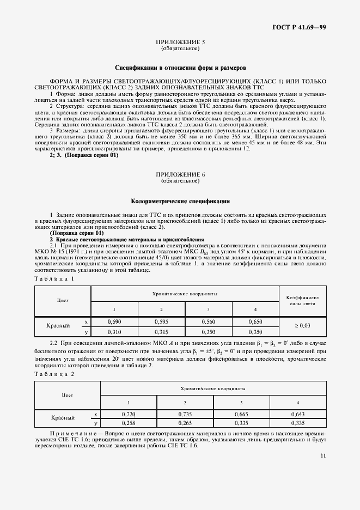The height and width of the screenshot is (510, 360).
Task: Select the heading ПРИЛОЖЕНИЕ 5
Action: point(180,42)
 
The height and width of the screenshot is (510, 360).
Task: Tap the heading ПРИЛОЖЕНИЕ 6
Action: point(180,174)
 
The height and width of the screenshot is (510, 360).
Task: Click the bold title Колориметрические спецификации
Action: point(180,201)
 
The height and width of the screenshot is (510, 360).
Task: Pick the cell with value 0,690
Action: point(114,321)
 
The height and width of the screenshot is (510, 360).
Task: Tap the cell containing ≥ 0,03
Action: point(302,326)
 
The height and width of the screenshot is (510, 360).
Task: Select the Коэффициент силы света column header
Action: point(302,301)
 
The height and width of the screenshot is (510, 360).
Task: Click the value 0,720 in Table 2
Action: point(129,414)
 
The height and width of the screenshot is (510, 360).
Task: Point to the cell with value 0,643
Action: point(298,414)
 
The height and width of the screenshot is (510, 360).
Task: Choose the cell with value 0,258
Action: point(129,422)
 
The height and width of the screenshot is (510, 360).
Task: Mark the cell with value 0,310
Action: point(114,331)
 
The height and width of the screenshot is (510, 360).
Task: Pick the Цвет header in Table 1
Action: point(62,300)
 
